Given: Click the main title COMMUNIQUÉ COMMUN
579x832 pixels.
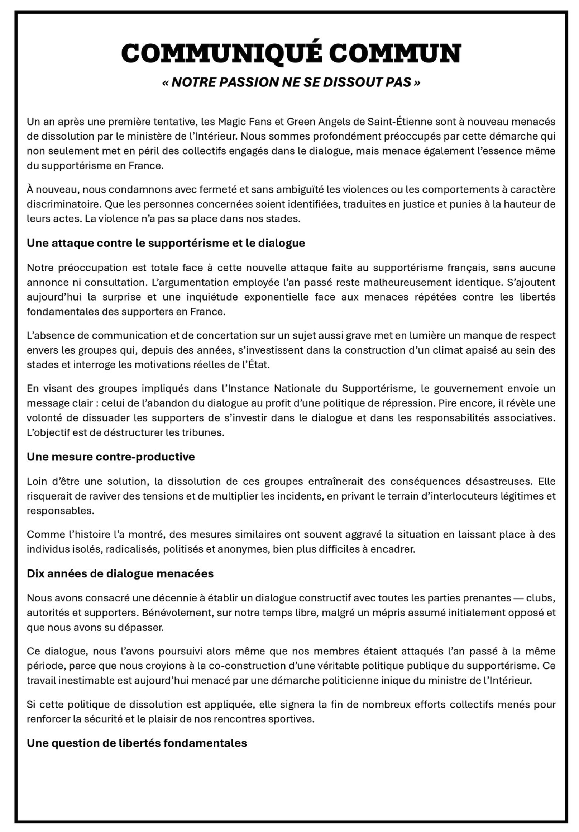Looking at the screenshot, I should pos(291,53).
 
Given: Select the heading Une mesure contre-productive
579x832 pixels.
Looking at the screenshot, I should pos(110,457).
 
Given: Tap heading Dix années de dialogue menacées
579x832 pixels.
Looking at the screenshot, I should pos(120,574).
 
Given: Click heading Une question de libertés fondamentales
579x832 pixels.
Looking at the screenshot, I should pos(137,743).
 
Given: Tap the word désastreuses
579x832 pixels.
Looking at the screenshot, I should pos(497,481).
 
